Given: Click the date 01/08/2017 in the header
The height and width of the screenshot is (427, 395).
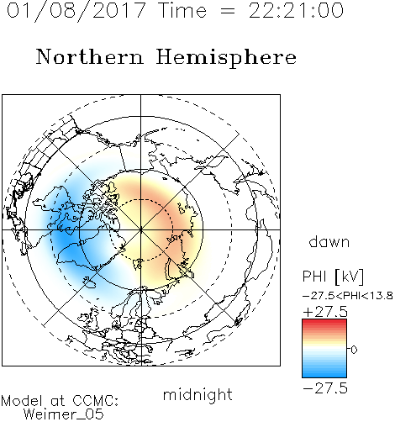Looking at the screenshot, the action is pos(76,11).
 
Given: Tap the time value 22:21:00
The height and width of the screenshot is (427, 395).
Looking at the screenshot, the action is pos(296,10).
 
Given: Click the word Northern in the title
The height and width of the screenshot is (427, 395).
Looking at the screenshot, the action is pos(89,56).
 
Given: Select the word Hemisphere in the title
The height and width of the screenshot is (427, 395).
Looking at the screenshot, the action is pos(226,57).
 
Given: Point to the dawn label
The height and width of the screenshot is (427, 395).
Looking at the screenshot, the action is pos(329,241).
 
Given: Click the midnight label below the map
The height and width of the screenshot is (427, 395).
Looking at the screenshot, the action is pos(197,394).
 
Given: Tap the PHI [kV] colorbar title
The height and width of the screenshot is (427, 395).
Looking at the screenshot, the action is pos(333,277).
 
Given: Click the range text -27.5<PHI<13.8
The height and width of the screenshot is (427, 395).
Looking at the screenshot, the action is pos(348,296).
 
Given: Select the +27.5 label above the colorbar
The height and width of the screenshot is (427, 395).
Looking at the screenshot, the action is pos(325,312).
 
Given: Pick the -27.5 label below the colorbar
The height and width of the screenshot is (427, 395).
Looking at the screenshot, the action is pos(325,388).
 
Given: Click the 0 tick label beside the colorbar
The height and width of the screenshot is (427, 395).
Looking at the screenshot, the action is pos(354,350).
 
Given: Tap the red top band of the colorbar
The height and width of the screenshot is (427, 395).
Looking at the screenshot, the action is pos(324,322).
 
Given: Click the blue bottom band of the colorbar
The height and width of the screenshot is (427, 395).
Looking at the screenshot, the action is pos(324,374).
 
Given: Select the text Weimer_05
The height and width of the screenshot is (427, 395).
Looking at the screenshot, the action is pos(64,414).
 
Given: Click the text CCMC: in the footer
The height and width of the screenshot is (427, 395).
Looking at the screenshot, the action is pos(96,401).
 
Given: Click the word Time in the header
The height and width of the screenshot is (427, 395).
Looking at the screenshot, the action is pos(182,10).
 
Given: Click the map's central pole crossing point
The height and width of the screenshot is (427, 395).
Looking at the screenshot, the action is pos(141,229).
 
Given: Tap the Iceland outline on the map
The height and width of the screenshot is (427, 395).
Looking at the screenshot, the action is pos(89,283).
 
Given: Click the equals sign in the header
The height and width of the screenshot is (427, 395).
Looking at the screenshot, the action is pos(228,11).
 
